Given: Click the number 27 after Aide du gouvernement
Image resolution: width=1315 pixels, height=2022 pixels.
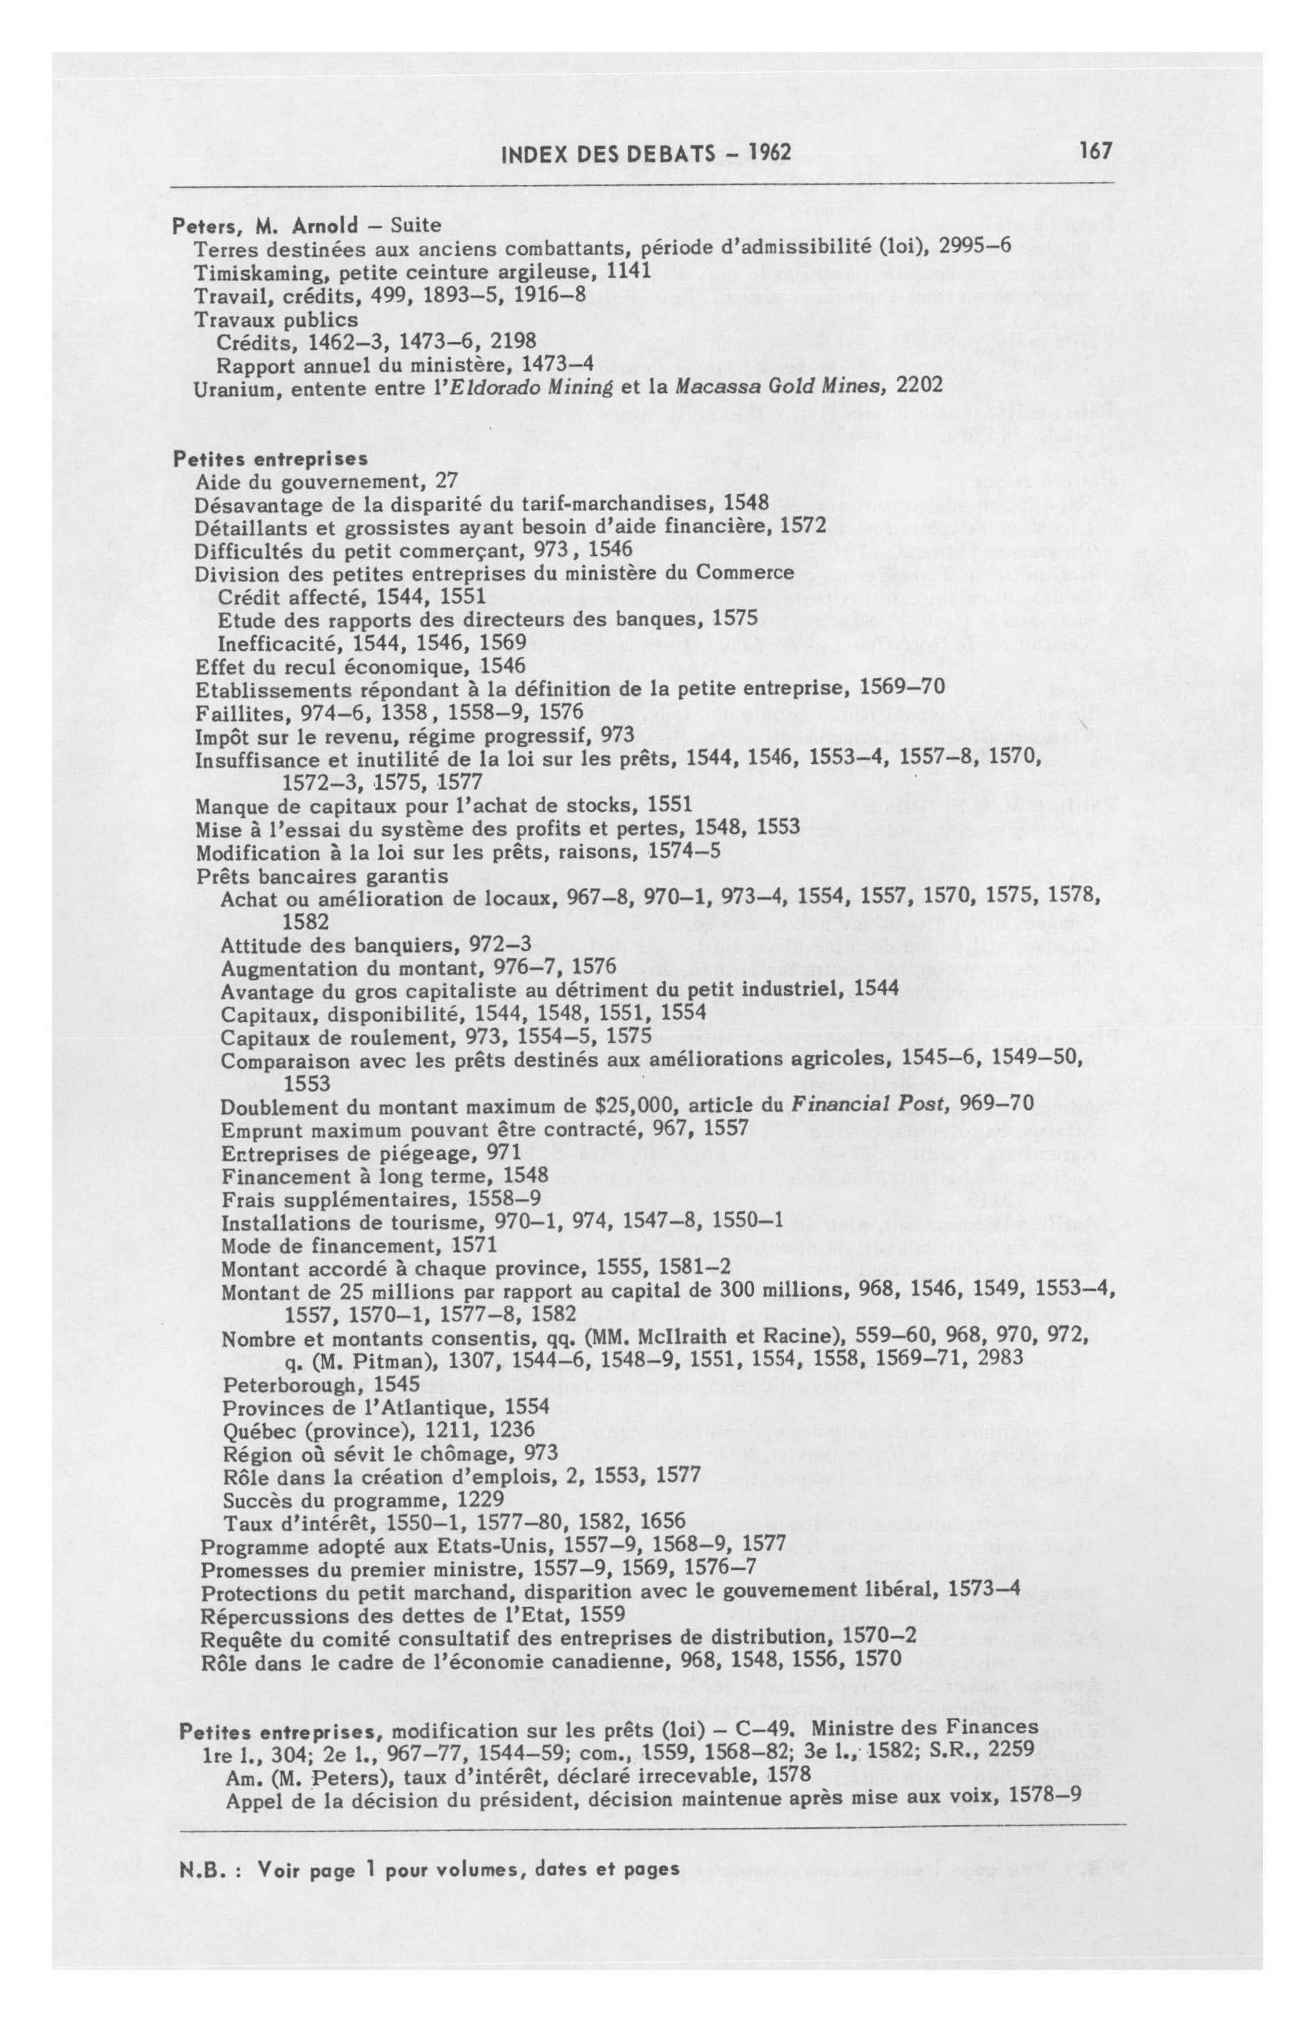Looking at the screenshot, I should pos(447,482).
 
